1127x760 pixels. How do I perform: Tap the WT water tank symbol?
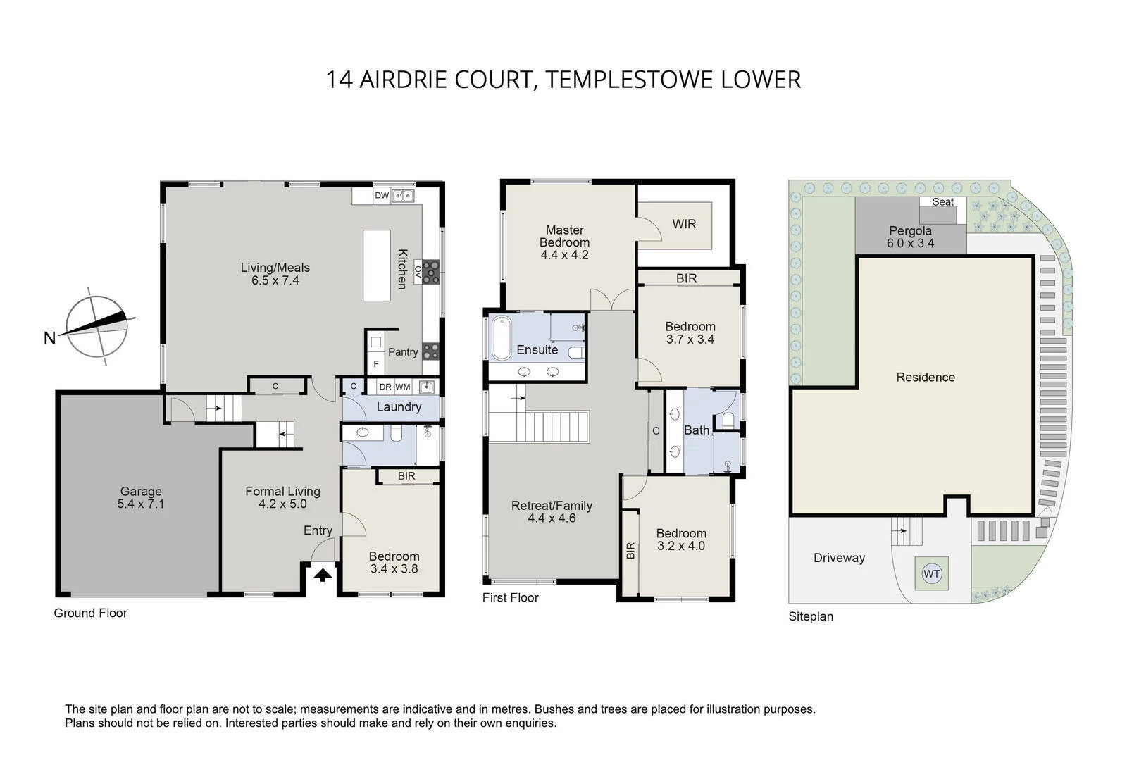(x=931, y=573)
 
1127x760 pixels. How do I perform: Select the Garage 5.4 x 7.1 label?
(x=141, y=497)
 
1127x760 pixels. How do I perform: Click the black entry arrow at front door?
(x=323, y=575)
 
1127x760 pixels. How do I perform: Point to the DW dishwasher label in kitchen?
(x=381, y=196)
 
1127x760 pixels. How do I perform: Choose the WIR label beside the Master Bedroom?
(x=683, y=224)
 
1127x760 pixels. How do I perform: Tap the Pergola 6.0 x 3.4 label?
(x=910, y=237)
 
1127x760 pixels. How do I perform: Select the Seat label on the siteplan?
(x=942, y=202)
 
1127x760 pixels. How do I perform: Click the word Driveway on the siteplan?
(x=839, y=558)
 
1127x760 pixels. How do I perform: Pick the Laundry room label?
(x=399, y=407)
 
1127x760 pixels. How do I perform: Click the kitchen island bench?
(x=377, y=265)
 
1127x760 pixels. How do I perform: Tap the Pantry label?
(x=403, y=352)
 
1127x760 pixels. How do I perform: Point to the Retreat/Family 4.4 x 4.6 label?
(x=552, y=511)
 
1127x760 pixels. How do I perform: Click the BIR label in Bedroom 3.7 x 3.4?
(x=686, y=278)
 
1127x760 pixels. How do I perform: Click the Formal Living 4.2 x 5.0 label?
(x=282, y=497)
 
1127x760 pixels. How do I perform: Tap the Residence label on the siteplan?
(x=926, y=378)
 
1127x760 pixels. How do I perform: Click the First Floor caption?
(x=510, y=597)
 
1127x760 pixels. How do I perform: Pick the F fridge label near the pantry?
(x=376, y=364)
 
